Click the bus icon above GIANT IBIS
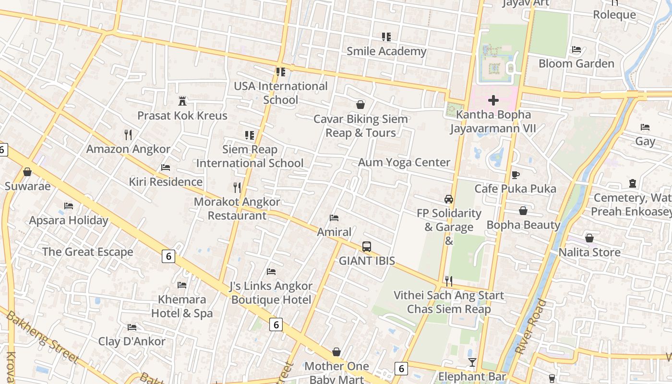367,247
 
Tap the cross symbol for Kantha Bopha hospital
493,100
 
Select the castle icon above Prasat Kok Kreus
182,101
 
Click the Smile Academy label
386,51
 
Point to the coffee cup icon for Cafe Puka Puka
516,175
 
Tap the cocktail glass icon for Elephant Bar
472,362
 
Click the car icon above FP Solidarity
449,199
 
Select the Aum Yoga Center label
404,162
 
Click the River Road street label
530,326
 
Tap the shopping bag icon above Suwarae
27,172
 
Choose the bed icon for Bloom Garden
576,49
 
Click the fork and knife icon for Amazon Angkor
128,135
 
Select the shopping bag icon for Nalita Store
589,238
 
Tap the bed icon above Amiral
335,218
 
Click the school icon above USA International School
281,72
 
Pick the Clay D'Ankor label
132,341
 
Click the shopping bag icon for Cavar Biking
360,105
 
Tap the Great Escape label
87,252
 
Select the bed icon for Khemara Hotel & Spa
182,285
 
